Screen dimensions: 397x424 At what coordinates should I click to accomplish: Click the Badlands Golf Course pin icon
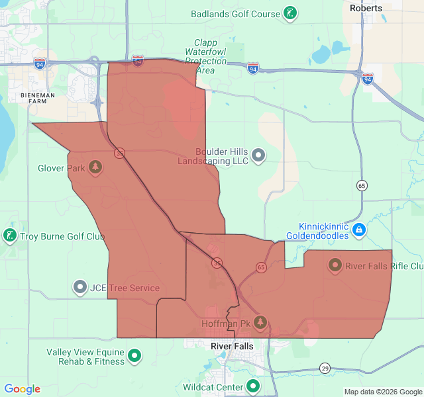coord(290,13)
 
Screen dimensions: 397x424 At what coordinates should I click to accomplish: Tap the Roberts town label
coord(366,8)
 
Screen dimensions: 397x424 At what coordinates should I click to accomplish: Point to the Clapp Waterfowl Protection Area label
coord(206,56)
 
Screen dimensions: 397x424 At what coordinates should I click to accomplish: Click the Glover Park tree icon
coord(95,167)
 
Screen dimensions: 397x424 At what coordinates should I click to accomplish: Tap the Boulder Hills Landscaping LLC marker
coord(258,155)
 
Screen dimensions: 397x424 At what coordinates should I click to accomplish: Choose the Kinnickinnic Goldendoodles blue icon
coord(358,230)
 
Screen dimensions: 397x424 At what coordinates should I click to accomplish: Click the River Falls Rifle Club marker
coord(335,266)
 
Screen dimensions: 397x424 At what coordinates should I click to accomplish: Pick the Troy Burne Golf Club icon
coord(10,236)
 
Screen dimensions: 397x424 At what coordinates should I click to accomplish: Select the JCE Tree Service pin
coord(80,287)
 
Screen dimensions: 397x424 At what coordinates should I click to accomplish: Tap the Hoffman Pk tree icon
coord(260,322)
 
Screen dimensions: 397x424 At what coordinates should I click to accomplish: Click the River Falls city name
coord(232,347)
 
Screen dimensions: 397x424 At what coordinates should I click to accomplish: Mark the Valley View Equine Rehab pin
coord(134,356)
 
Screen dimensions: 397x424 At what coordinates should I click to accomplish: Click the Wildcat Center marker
coord(253,386)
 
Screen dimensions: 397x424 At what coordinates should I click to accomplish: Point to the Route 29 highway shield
coord(325,368)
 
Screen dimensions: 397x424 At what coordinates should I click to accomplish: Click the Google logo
coord(22,389)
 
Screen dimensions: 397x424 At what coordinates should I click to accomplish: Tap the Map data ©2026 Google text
coord(383,392)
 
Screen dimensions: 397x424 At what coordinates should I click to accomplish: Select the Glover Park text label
coord(61,168)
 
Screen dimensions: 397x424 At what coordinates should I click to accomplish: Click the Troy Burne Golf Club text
coord(62,236)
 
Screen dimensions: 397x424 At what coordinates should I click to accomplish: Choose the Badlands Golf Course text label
coord(235,14)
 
